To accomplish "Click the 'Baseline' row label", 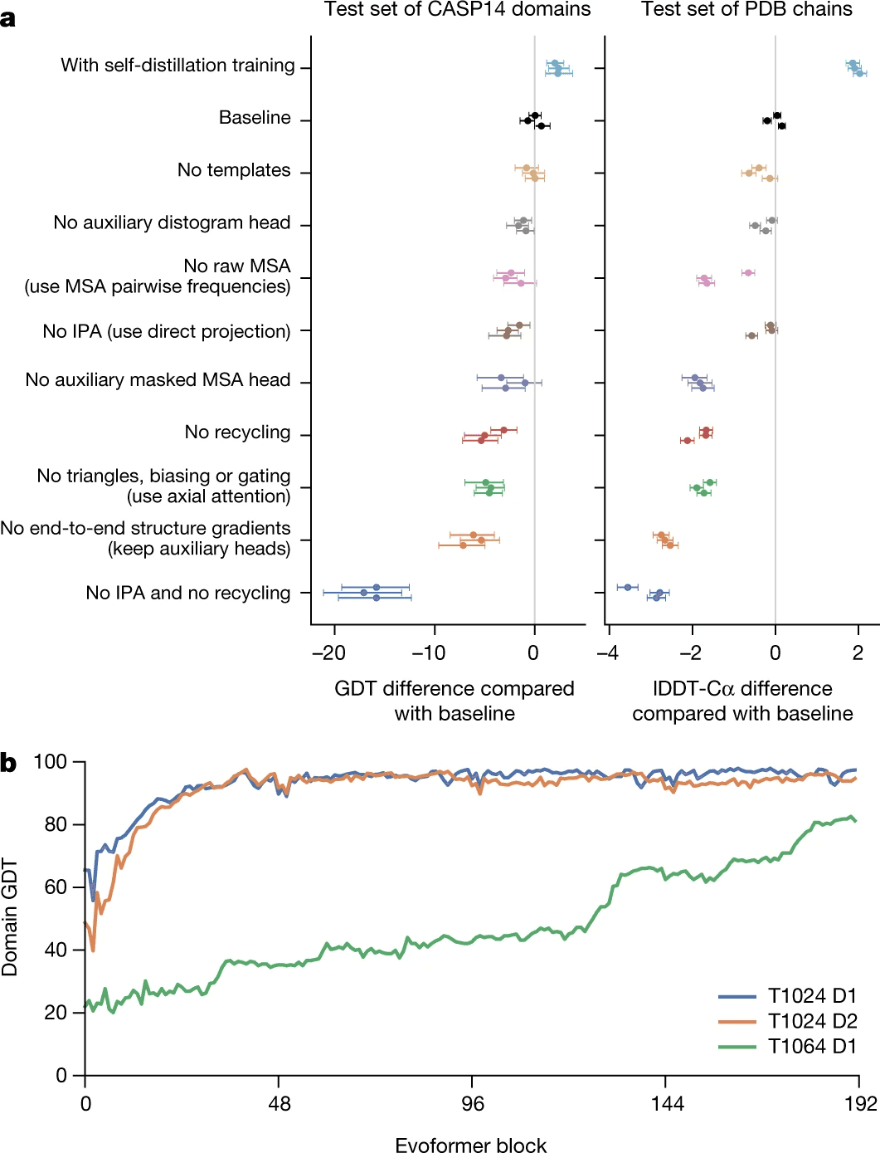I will (x=255, y=118).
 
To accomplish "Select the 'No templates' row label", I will (x=234, y=170).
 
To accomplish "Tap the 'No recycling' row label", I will (x=237, y=432).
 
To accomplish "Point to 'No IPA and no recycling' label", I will (x=188, y=593).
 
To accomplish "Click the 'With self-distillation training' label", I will (x=177, y=66).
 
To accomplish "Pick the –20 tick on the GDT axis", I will (x=328, y=652).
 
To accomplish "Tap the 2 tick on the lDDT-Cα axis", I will (x=858, y=652).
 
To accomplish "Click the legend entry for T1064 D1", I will (x=812, y=1046).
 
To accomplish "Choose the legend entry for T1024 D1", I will (x=812, y=995).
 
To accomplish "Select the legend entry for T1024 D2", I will (x=812, y=1021).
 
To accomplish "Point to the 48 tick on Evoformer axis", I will (x=280, y=1103).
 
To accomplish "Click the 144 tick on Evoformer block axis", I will (x=667, y=1103).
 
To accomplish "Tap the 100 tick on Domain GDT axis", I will (x=50, y=761).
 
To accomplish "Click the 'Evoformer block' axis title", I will (x=470, y=1146).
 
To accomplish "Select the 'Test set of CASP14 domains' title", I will (x=457, y=10).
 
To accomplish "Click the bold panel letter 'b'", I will (x=8, y=763).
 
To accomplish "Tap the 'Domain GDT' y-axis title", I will (x=10, y=917).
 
